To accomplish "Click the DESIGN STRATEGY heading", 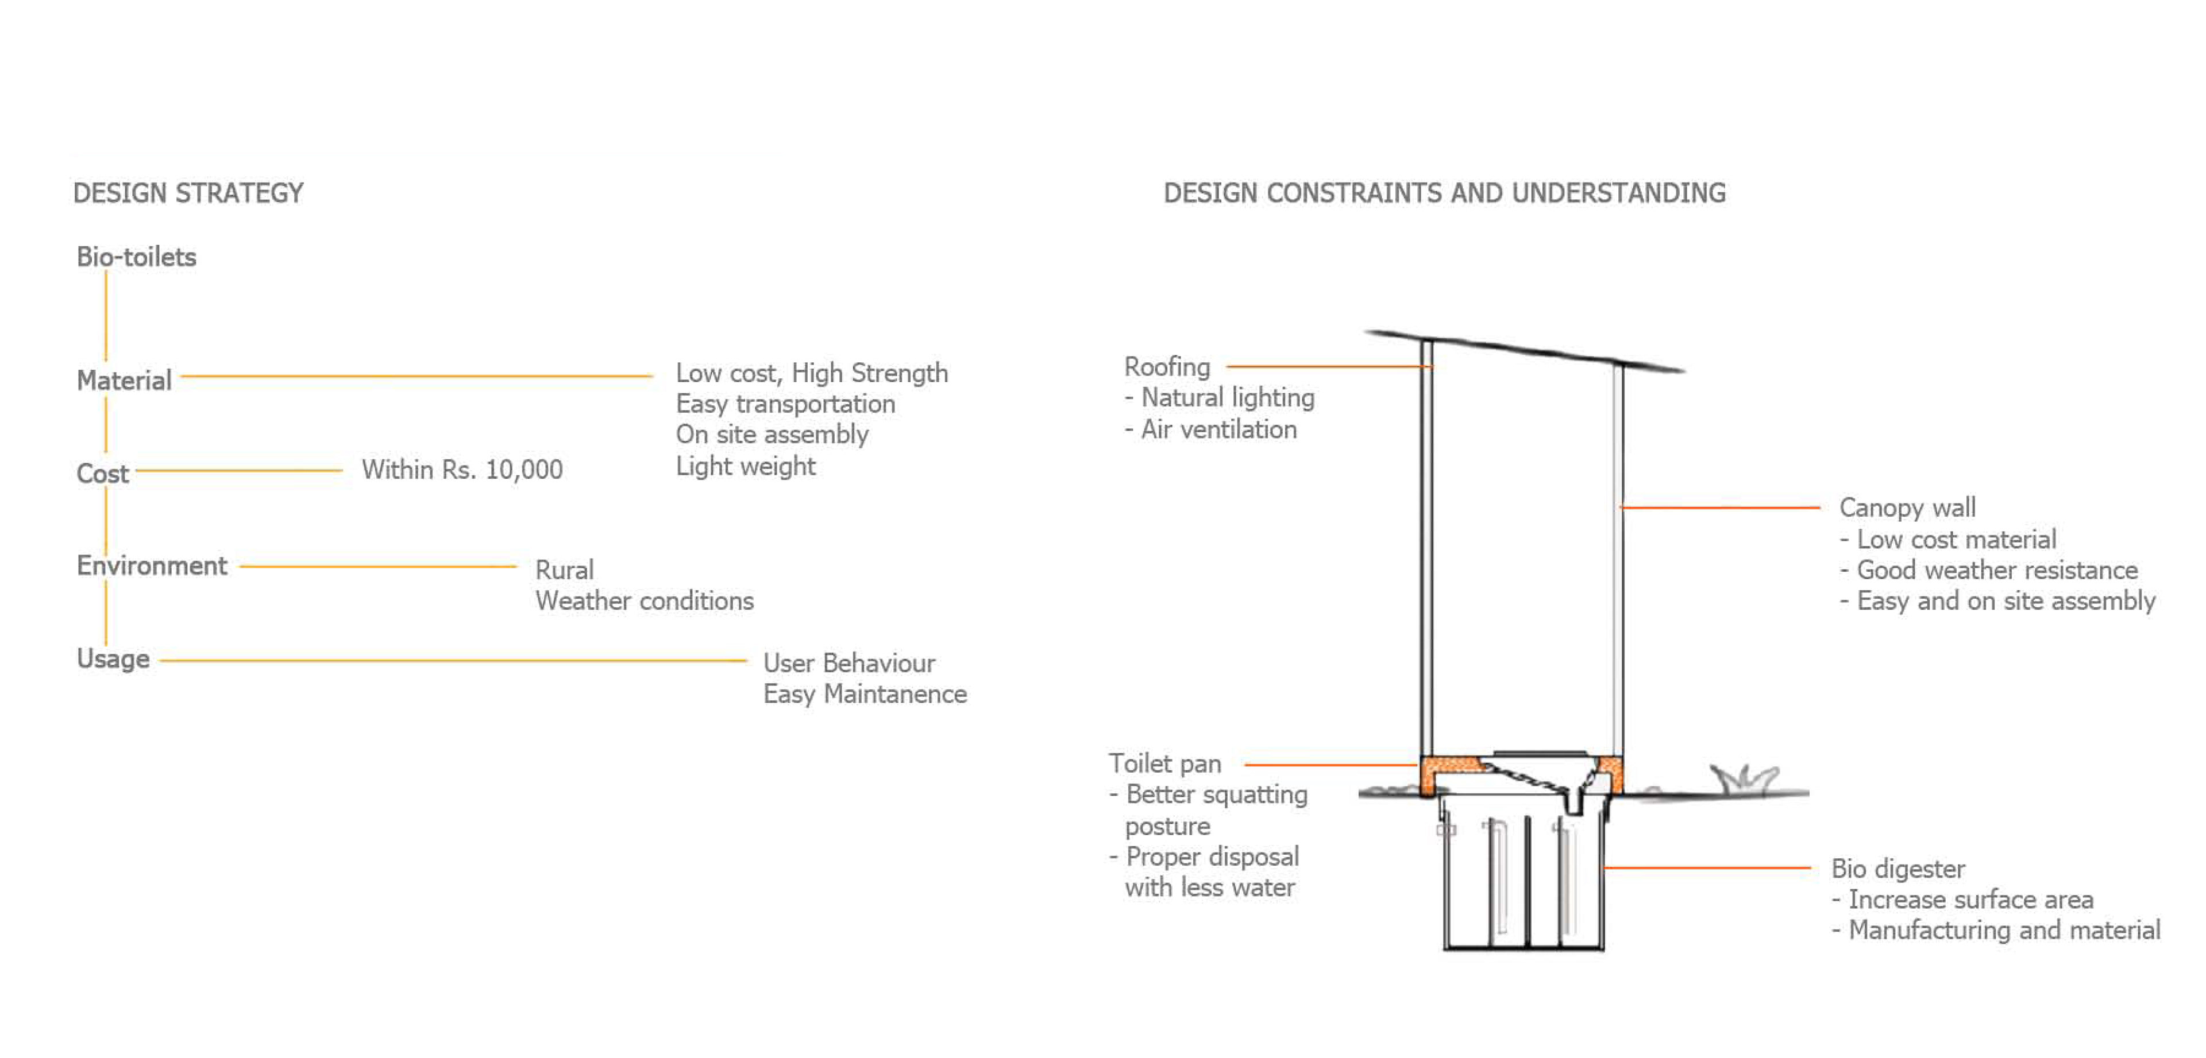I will [x=188, y=193].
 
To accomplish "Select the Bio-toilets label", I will [x=136, y=257].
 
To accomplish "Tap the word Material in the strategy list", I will [x=124, y=380].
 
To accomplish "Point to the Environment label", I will [x=152, y=566].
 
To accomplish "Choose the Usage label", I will [x=113, y=658].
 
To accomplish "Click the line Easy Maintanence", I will [x=865, y=694].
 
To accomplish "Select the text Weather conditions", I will [x=644, y=601].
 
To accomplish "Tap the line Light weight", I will [x=745, y=467].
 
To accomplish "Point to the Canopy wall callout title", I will [x=1907, y=507].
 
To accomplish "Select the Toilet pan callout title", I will [x=1164, y=763].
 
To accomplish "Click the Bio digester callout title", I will [x=1898, y=869].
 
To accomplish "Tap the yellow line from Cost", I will [x=239, y=470].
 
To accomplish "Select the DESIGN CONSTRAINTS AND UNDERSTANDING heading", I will [x=1444, y=193].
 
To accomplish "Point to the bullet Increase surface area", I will [x=1970, y=900].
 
